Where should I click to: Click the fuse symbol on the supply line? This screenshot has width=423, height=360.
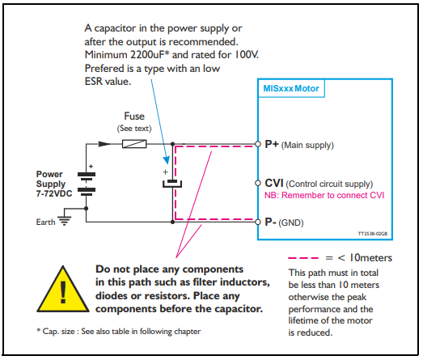pyautogui.click(x=134, y=144)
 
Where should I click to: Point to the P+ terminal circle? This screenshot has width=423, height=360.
pyautogui.click(x=258, y=144)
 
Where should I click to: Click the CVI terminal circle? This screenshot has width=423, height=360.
pyautogui.click(x=258, y=184)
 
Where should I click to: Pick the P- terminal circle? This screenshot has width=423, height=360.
pyautogui.click(x=258, y=222)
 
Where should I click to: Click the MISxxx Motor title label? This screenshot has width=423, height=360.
pyautogui.click(x=291, y=88)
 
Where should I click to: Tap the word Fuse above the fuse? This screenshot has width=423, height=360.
pyautogui.click(x=134, y=116)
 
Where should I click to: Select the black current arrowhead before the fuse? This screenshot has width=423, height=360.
pyautogui.click(x=104, y=144)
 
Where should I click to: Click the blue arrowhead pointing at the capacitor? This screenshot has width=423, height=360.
pyautogui.click(x=167, y=159)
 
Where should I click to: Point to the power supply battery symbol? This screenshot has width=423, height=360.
pyautogui.click(x=87, y=182)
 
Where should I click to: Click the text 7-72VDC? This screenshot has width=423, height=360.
pyautogui.click(x=54, y=194)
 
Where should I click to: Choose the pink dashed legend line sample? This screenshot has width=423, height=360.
pyautogui.click(x=303, y=258)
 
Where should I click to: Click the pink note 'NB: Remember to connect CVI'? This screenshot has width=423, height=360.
pyautogui.click(x=324, y=195)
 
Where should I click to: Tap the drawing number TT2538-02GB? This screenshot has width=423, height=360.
pyautogui.click(x=373, y=234)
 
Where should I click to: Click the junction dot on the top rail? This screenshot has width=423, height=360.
pyautogui.click(x=172, y=144)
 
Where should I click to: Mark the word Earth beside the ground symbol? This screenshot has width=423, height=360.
pyautogui.click(x=45, y=222)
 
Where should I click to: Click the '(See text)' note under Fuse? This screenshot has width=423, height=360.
pyautogui.click(x=134, y=128)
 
